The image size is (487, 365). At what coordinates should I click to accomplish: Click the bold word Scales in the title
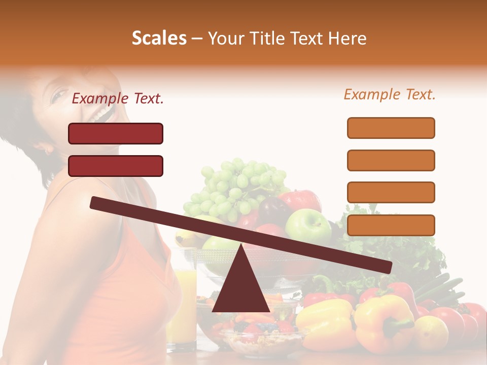(x=159, y=39)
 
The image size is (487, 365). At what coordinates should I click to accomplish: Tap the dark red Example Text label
(x=118, y=99)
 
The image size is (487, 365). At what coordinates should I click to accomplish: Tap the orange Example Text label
(x=390, y=94)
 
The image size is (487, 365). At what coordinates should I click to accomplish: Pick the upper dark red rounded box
(x=116, y=133)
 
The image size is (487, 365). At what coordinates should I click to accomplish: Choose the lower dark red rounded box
(x=116, y=166)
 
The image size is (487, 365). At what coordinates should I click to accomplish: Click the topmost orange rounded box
(x=391, y=128)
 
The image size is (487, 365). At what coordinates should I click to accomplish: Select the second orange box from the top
(x=391, y=160)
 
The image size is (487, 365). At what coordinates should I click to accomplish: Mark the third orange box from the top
(x=391, y=192)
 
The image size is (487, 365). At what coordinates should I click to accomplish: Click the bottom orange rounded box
(x=391, y=225)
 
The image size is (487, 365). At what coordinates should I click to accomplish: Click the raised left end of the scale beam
(x=96, y=203)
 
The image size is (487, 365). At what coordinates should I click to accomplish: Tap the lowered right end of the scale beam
(x=386, y=267)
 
